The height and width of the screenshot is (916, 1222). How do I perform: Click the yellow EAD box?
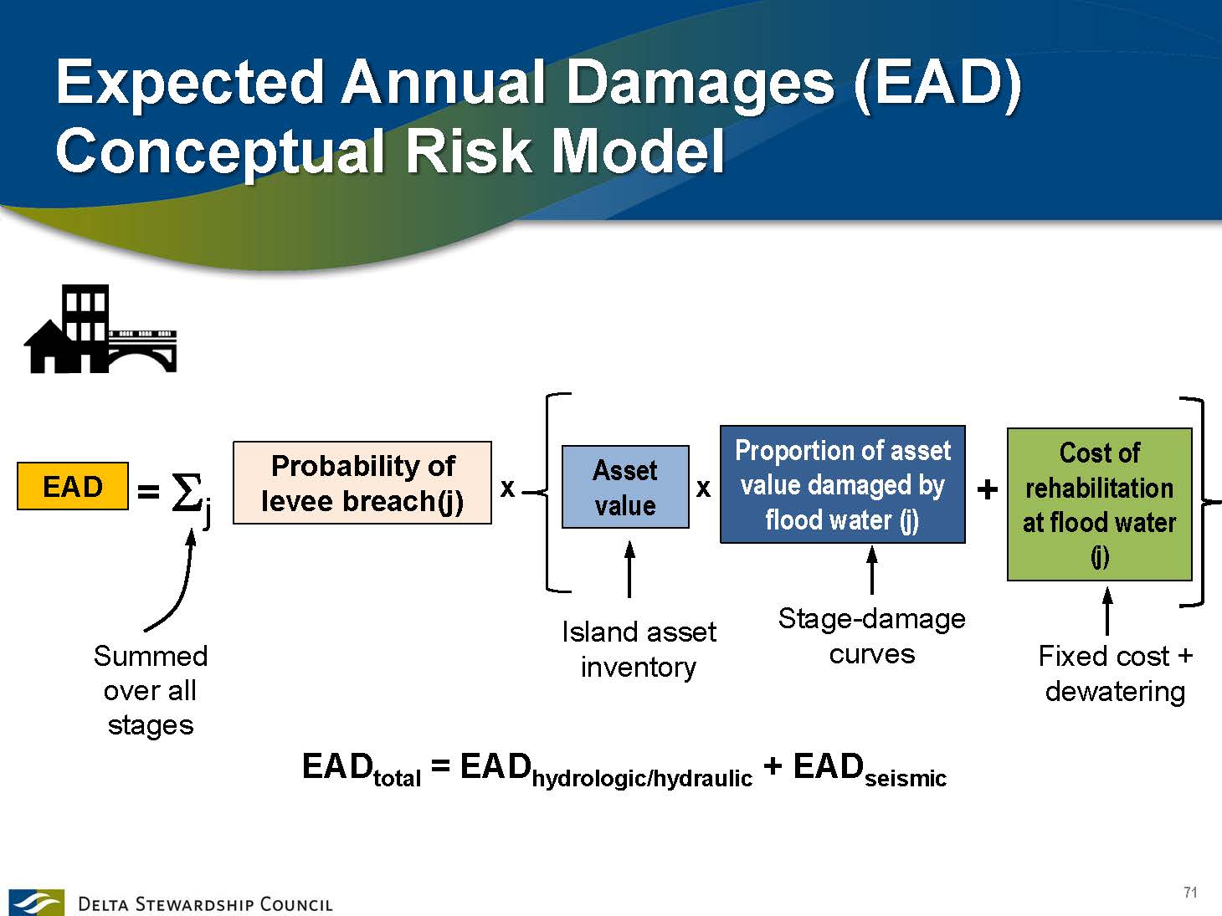[x=73, y=486]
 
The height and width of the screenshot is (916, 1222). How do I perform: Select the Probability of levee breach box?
[x=362, y=483]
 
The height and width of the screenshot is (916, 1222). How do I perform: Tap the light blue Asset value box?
[x=625, y=487]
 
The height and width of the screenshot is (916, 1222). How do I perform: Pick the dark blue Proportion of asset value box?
[x=842, y=484]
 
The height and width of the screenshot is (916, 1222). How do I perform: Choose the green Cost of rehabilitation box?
[x=1100, y=504]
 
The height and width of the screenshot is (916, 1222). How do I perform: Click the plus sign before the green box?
[x=987, y=489]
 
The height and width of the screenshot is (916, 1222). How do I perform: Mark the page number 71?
[x=1190, y=892]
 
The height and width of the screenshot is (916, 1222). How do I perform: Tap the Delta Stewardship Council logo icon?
[x=36, y=902]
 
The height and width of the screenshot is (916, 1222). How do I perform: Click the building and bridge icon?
[x=100, y=329]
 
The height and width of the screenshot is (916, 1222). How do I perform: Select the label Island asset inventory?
[x=639, y=650]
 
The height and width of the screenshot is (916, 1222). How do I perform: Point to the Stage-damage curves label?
[x=872, y=637]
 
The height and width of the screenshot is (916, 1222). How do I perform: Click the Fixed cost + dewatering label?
[x=1115, y=673]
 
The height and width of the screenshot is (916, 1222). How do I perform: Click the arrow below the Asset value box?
[x=629, y=569]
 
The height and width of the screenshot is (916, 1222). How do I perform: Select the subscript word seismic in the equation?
[x=906, y=778]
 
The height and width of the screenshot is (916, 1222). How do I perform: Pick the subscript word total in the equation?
[x=397, y=778]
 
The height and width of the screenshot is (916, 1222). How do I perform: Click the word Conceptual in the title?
[x=220, y=151]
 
